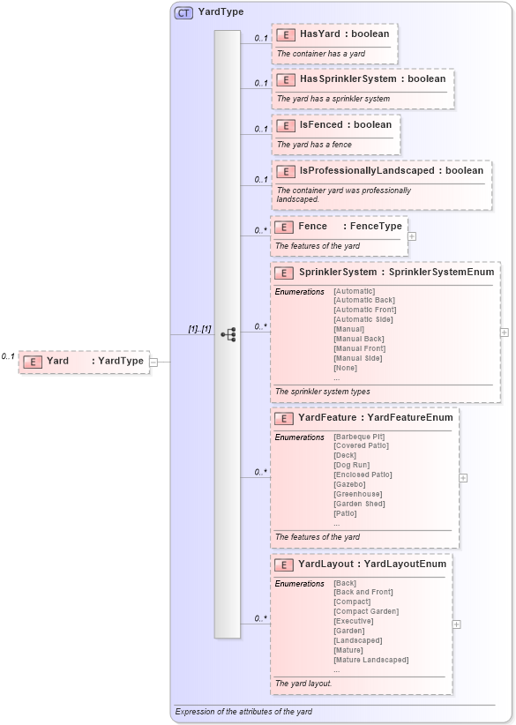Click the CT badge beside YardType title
[x=183, y=12]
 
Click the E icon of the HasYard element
[x=285, y=34]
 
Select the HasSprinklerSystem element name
[x=348, y=79]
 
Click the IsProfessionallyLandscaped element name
[x=367, y=170]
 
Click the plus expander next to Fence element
[x=412, y=236]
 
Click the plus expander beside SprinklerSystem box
[x=505, y=333]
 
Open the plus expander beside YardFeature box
[x=463, y=478]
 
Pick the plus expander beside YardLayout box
[x=456, y=624]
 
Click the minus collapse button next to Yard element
[x=153, y=361]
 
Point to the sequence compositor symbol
[x=228, y=334]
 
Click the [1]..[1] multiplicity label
[x=199, y=329]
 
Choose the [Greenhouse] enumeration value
[x=358, y=494]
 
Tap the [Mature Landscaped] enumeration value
[x=370, y=660]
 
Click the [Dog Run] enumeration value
[x=351, y=465]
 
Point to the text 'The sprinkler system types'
[x=322, y=392]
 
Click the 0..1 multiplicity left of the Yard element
[x=8, y=356]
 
